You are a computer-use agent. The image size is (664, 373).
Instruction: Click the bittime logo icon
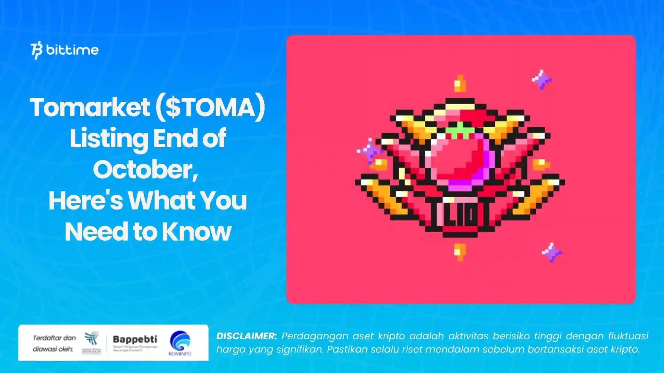(36, 50)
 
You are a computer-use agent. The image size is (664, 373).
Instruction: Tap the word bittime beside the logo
(72, 50)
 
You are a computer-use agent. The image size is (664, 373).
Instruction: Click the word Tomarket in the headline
(90, 107)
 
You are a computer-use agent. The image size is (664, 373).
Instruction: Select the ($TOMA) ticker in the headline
(210, 107)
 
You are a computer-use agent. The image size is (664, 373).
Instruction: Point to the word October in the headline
(145, 170)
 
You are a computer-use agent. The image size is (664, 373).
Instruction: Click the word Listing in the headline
(109, 139)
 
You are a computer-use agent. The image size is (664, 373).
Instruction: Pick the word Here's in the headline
(86, 201)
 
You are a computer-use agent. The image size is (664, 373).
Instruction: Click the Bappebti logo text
(135, 339)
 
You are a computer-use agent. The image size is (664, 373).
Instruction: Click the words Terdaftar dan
(54, 338)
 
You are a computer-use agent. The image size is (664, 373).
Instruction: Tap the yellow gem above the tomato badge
(460, 84)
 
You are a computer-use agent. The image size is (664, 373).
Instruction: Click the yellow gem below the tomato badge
(460, 251)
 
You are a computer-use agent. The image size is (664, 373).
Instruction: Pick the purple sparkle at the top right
(541, 79)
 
